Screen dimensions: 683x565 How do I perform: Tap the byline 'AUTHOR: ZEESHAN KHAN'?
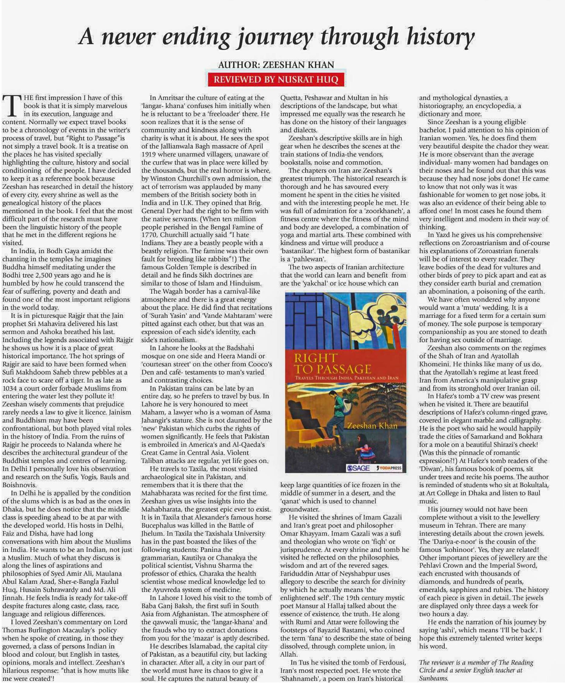(276, 65)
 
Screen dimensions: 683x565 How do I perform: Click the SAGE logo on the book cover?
(358, 468)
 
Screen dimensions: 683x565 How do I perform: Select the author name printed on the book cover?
(372, 426)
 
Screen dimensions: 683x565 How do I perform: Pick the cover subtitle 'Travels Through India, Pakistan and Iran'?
(346, 378)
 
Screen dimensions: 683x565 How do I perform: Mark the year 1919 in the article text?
(149, 154)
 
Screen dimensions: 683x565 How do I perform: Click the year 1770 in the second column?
(149, 235)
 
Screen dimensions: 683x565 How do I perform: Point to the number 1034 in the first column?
(11, 388)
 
